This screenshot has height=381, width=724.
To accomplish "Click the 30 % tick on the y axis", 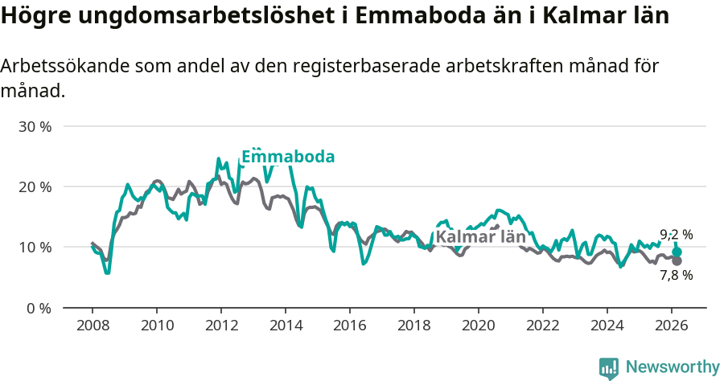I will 35,127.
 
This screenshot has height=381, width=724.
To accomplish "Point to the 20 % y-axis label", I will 35,186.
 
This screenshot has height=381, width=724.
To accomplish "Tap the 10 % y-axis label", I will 35,247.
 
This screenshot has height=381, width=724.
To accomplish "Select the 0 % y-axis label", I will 39,307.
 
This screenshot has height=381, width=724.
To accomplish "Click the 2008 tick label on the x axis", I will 92,326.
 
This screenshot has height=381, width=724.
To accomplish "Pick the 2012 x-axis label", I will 220,326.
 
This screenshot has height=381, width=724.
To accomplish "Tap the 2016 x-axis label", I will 349,326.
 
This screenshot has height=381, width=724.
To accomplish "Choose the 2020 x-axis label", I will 478,326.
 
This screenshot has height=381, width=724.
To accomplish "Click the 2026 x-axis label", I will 672,326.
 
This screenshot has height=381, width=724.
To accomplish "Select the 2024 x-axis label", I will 607,326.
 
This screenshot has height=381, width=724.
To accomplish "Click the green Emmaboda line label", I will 288,157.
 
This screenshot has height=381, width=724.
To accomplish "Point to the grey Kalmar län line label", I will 480,237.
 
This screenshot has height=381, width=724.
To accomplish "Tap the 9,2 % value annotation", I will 676,235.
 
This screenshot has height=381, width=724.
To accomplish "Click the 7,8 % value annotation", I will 676,275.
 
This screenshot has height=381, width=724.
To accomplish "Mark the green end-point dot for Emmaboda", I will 677,252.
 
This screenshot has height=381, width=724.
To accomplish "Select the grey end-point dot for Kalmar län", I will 677,260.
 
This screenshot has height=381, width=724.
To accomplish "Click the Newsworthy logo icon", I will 609,367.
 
